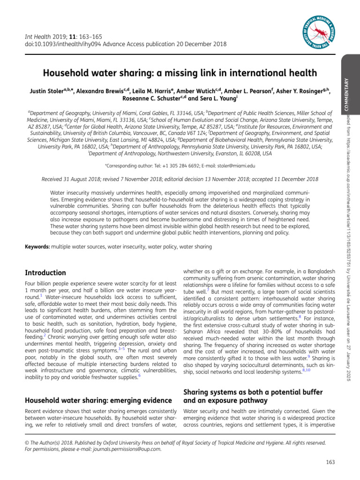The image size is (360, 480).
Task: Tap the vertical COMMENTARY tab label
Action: [347, 94]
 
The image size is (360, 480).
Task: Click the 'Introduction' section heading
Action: [45, 273]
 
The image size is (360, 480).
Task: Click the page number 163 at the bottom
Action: [330, 463]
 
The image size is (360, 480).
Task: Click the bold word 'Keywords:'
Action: [37, 247]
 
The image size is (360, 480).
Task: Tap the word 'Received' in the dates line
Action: [54, 179]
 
